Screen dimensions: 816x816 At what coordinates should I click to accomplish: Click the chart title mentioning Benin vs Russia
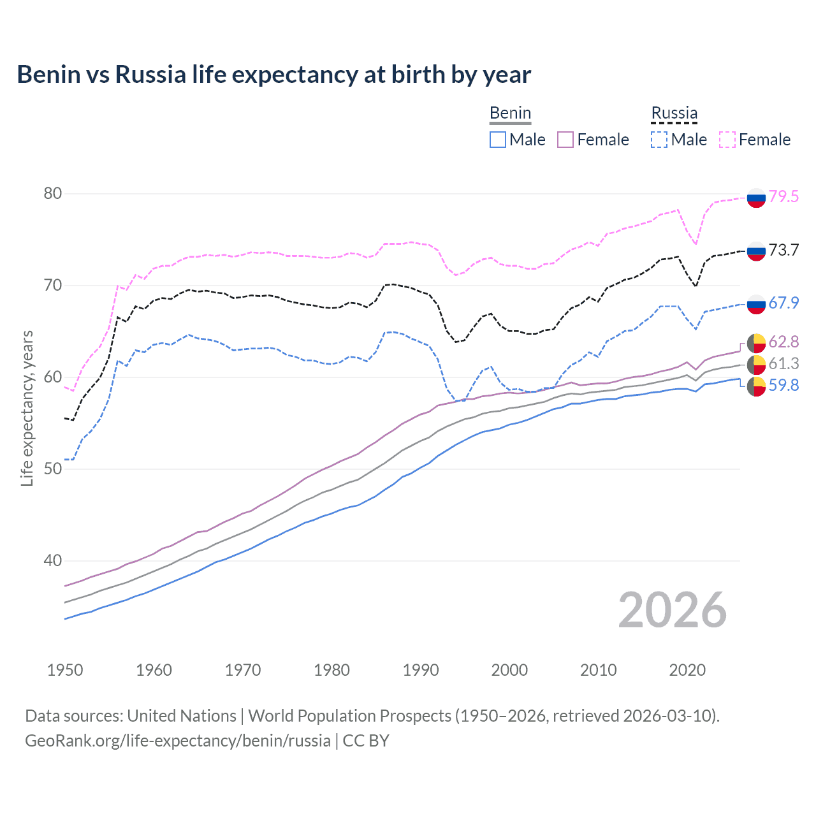(x=273, y=75)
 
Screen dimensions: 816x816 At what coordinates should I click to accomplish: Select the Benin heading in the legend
(x=510, y=113)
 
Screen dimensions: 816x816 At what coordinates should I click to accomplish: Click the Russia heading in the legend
(x=674, y=113)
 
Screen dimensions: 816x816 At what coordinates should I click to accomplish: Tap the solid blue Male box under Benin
(x=498, y=140)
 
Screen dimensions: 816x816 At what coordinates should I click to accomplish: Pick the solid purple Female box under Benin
(x=565, y=140)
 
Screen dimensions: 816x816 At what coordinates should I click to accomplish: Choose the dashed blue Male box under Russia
(x=659, y=140)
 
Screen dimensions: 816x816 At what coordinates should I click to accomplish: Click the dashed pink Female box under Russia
(x=727, y=140)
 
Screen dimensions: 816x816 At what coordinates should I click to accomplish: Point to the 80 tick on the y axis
(x=53, y=194)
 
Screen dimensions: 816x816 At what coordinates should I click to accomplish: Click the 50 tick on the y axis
(x=53, y=469)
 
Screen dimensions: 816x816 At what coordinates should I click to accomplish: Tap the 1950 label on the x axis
(x=65, y=670)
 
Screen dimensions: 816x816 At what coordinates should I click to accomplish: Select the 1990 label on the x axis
(x=421, y=670)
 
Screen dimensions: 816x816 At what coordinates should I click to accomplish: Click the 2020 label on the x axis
(x=687, y=670)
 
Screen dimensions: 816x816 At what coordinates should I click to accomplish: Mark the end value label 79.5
(x=783, y=196)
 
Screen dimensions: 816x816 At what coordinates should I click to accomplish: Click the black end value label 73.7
(x=783, y=250)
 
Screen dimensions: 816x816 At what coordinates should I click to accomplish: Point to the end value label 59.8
(x=783, y=385)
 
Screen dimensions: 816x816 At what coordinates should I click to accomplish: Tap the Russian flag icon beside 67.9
(x=756, y=304)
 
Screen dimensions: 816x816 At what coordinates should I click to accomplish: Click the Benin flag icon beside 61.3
(x=756, y=365)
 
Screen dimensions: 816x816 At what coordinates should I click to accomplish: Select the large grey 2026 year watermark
(x=672, y=610)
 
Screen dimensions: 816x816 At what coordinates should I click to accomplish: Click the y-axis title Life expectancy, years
(x=27, y=408)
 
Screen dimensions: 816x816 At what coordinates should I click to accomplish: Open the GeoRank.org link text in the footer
(x=178, y=741)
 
